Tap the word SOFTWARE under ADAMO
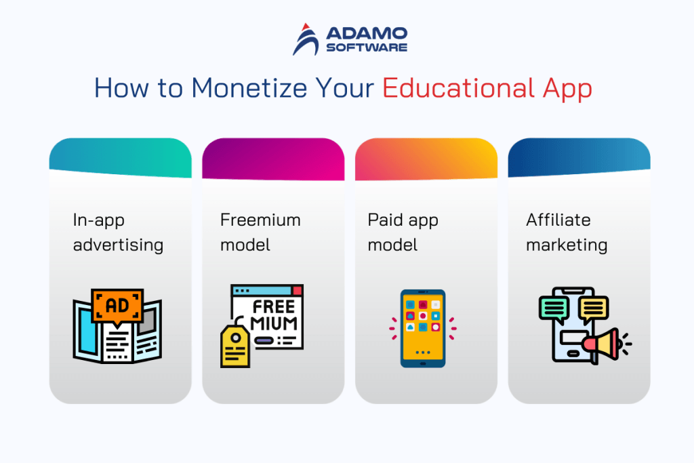coord(366,47)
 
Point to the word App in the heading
coord(567,89)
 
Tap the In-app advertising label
coord(118,232)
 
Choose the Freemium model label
coord(260,232)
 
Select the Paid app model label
coord(403,232)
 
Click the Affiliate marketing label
coord(567,232)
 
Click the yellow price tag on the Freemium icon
coord(235,346)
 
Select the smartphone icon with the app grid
coord(423,328)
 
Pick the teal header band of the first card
coord(120,155)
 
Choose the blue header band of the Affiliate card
coord(579,155)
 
